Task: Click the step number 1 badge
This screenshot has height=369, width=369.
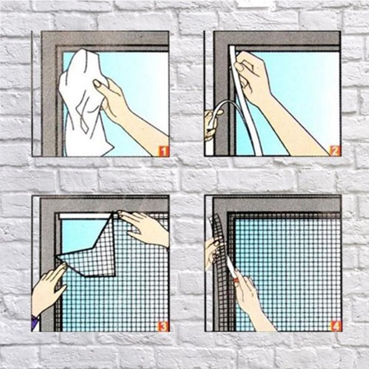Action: point(164,151)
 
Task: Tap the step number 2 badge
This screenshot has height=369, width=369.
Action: point(335,151)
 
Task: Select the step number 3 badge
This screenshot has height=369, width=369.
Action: point(163,326)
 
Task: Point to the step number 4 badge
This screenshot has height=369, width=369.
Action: point(335,326)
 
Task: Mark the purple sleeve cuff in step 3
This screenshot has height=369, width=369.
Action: point(35,322)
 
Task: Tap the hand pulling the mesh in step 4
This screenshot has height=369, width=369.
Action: point(213,252)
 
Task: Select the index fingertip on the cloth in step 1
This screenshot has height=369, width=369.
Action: point(96,83)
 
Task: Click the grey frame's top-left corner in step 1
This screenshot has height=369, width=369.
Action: point(42,32)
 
